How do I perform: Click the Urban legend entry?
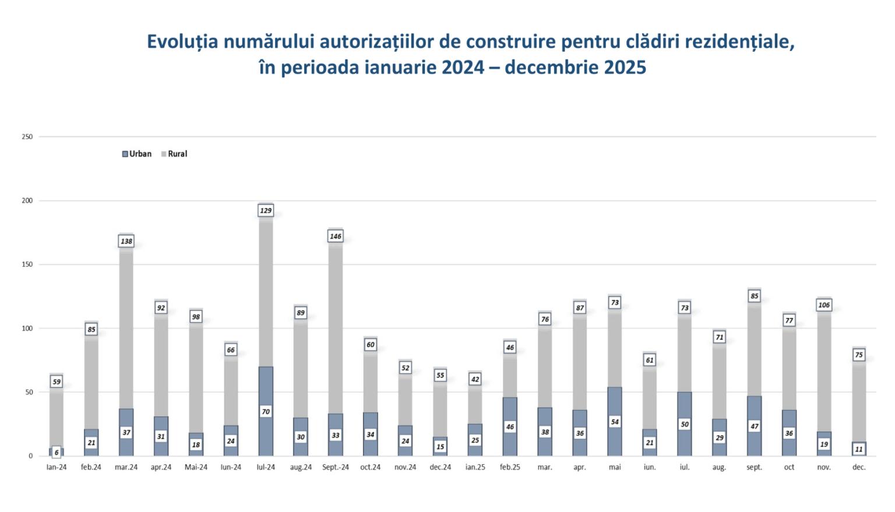coord(137,154)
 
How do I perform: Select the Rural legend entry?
coord(174,154)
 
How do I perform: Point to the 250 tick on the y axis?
coord(27,137)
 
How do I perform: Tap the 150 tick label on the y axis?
coord(27,264)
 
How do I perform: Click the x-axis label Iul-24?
coord(266,467)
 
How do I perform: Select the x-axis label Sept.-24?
coord(336,467)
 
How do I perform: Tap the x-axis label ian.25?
coord(475,467)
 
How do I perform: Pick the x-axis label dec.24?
coord(441,467)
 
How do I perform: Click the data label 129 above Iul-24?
coord(266,210)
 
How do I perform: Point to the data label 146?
coord(336,236)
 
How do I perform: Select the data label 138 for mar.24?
coord(126,241)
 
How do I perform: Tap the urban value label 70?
coord(266,412)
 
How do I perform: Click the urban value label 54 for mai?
coord(615,422)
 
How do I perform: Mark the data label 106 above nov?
coord(824,305)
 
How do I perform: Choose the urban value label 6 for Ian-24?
coord(57,453)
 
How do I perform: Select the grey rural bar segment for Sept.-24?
coord(336,326)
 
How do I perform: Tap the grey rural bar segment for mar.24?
coord(126,326)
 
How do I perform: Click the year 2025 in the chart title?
coord(625,68)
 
